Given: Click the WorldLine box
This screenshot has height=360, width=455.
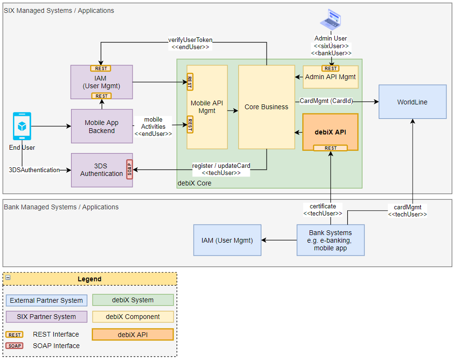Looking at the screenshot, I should (412, 102).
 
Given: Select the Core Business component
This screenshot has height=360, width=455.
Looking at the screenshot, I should (266, 107).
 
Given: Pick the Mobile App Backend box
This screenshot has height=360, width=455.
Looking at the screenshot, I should (102, 126).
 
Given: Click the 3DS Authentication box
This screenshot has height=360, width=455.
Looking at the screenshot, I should (99, 170).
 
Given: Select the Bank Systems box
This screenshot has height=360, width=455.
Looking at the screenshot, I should (330, 240).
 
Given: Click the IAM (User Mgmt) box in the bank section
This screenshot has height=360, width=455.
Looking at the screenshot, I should (227, 240).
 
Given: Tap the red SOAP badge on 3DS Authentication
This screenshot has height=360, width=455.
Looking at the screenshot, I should (129, 169).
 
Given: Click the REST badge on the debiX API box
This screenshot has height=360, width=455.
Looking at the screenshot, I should (331, 148).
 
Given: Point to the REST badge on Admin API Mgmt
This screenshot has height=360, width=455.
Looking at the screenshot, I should (331, 68).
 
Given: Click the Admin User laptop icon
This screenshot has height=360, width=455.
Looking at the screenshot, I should (331, 20).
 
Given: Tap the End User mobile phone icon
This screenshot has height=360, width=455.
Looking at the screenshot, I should (22, 126).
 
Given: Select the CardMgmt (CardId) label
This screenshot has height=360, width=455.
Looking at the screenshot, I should (326, 101).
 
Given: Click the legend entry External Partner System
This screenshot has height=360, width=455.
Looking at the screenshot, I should (46, 300).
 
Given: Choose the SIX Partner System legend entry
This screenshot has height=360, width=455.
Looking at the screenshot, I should (46, 317).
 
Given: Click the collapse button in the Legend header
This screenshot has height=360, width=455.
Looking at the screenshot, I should (8, 278).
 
